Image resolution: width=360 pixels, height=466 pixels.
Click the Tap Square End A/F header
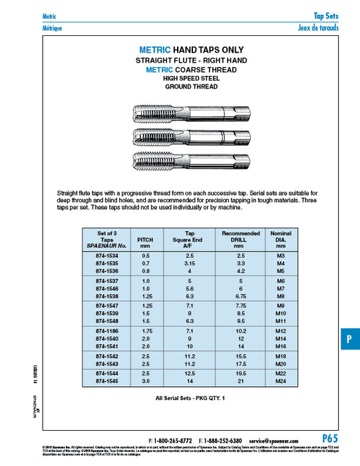pyautogui.click(x=193, y=238)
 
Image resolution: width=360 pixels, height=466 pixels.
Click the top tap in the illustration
pyautogui.click(x=191, y=113)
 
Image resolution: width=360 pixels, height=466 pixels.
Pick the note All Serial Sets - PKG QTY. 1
pyautogui.click(x=191, y=399)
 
